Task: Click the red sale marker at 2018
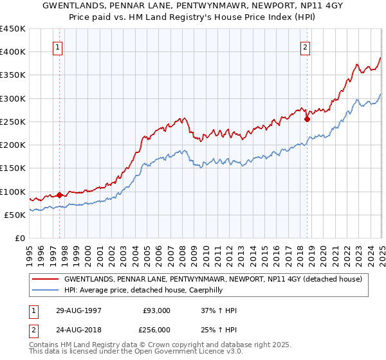[x=307, y=118]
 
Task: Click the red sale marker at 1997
[x=60, y=195]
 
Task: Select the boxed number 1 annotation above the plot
[x=59, y=46]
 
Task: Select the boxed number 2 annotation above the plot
[x=305, y=46]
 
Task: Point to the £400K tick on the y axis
[x=13, y=52]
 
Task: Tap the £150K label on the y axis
[x=13, y=168]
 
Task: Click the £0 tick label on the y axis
[x=19, y=239]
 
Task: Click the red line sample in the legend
[x=46, y=280]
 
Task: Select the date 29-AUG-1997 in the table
[x=78, y=310]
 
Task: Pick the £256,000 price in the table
[x=157, y=329]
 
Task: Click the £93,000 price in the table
[x=157, y=310]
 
